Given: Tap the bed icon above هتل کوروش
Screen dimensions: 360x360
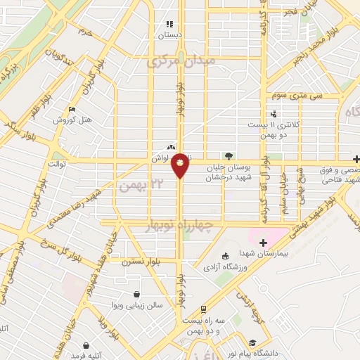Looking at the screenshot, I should pos(72,110).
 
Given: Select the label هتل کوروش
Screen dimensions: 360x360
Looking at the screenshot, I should pos(74,120).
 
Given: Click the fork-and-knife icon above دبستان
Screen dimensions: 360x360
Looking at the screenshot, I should pos(169,23).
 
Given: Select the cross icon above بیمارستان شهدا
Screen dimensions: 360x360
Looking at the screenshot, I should pos(263,243).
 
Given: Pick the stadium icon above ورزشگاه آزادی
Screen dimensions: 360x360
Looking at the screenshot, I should pos(225,257).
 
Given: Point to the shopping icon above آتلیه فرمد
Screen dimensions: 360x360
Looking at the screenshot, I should pos(86,346).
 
